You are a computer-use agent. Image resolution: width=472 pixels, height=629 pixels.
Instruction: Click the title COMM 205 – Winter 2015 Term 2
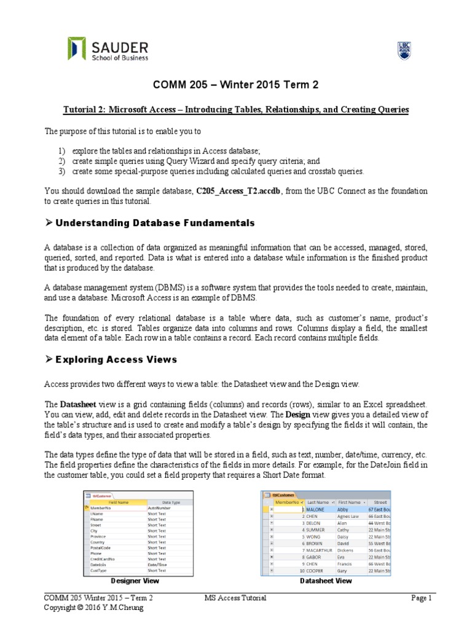(x=235, y=85)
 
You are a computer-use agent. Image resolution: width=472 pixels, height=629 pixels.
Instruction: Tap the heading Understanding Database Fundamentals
(x=155, y=222)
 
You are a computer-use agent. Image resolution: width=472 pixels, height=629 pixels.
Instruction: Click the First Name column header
(x=351, y=502)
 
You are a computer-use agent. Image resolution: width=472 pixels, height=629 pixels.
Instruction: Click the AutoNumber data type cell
(x=161, y=509)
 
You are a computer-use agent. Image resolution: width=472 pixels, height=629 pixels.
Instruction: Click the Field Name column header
(x=117, y=502)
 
